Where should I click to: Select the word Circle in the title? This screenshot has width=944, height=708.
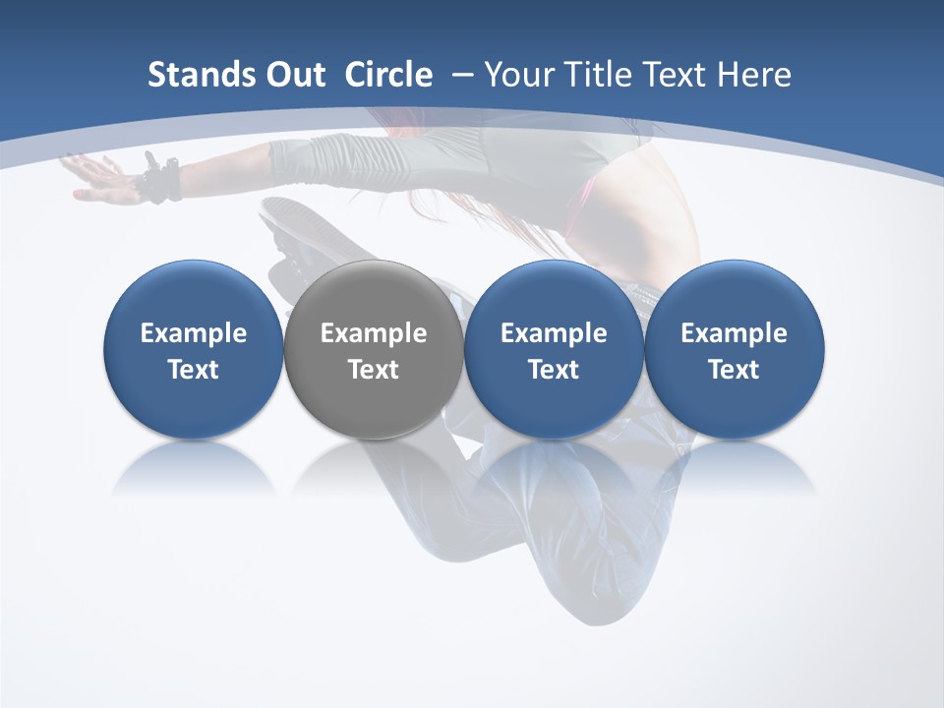tap(388, 75)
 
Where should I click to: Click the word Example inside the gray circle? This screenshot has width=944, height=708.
tap(374, 333)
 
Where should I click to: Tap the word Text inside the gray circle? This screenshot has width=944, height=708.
tap(374, 370)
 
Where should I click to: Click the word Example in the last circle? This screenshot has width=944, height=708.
tap(735, 333)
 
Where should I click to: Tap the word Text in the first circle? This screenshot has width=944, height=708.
tap(193, 370)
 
